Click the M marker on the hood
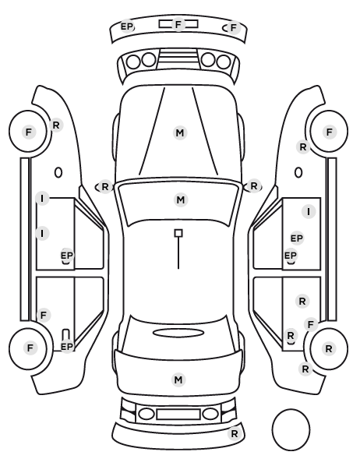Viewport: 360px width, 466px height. [x=180, y=132]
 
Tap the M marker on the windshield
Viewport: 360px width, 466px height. [x=181, y=199]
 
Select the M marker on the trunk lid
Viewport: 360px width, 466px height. [x=178, y=380]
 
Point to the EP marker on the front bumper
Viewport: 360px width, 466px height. [x=127, y=26]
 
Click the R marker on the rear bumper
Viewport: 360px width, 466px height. [x=235, y=433]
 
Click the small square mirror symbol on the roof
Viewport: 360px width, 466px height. [x=178, y=233]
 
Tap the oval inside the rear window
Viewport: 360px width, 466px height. [x=178, y=333]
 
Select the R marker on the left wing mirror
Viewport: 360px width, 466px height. [x=105, y=187]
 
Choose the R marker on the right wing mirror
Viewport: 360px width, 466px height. [x=253, y=186]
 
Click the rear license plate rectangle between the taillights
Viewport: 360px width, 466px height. [x=178, y=414]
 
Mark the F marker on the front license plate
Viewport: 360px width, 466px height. [x=178, y=24]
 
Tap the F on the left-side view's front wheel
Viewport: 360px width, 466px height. [x=29, y=132]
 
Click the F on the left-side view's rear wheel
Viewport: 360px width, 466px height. [x=30, y=348]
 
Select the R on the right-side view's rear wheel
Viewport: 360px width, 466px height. [x=329, y=348]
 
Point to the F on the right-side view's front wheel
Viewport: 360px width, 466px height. [x=329, y=132]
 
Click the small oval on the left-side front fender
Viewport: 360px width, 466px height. [x=58, y=172]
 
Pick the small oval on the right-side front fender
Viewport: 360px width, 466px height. [x=298, y=172]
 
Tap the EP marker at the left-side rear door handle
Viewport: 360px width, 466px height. [x=66, y=347]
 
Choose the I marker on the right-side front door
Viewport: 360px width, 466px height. [x=309, y=212]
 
